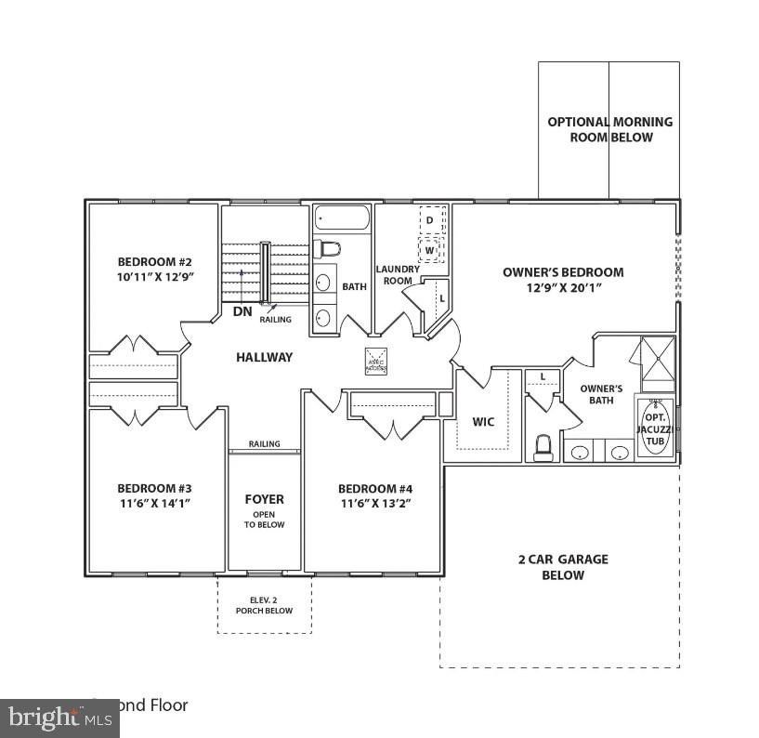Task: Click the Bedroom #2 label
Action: coord(154,261)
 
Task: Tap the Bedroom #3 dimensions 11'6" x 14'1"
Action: coord(154,503)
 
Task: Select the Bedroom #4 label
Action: coord(374,489)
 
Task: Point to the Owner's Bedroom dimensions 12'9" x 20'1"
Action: coord(563,287)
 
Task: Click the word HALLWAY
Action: coord(264,357)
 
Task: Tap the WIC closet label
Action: coord(484,422)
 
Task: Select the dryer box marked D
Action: coord(430,220)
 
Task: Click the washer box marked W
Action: coord(430,250)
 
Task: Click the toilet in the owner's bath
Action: coord(543,447)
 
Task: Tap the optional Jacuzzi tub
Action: coord(655,424)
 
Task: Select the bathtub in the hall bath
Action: coord(341,218)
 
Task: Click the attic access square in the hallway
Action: coord(375,361)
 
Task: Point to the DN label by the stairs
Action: coord(242,311)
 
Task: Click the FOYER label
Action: coord(264,499)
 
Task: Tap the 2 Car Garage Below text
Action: coord(563,567)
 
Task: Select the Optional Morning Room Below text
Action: coord(610,129)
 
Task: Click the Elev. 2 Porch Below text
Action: coord(264,605)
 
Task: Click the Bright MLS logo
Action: coord(59,718)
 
